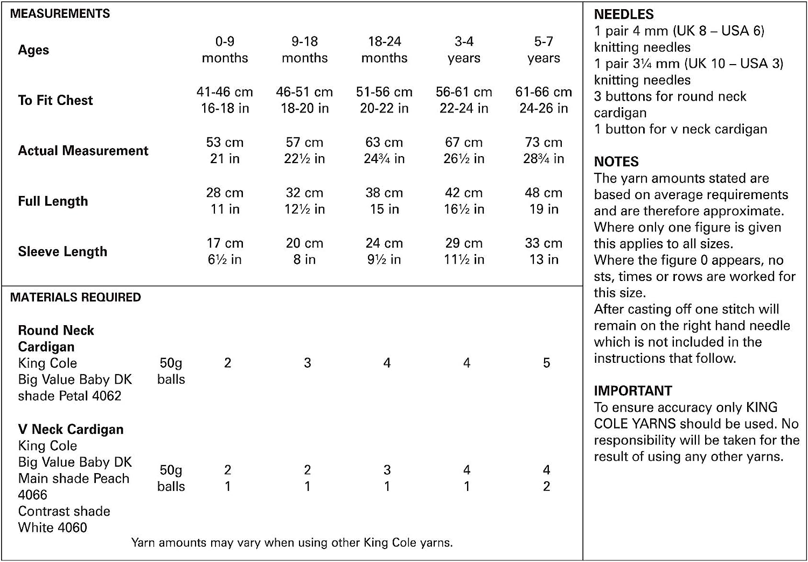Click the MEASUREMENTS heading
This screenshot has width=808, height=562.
click(60, 13)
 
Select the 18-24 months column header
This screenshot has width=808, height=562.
click(384, 50)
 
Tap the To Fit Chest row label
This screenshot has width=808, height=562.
click(55, 100)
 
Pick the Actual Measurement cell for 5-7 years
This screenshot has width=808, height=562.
click(544, 150)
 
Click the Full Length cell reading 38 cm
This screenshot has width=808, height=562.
click(384, 193)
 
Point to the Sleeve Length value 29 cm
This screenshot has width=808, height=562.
click(464, 243)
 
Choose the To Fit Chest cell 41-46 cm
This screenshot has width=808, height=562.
click(225, 92)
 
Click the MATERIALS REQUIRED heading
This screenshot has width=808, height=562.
click(75, 297)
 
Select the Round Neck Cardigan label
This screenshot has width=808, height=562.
click(56, 338)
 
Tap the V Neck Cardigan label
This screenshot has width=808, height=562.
click(71, 429)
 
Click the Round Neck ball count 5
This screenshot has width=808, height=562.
click(546, 363)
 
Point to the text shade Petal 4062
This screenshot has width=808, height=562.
click(69, 396)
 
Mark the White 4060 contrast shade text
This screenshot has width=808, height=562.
click(52, 528)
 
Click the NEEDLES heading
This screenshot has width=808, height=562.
click(624, 15)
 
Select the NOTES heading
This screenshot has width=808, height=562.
click(616, 161)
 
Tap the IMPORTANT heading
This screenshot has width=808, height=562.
click(633, 391)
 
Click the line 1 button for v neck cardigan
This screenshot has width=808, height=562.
click(680, 129)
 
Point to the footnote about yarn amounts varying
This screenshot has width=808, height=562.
click(292, 543)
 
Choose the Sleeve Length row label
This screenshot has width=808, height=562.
click(62, 251)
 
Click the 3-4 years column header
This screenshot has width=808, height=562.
click(464, 50)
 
